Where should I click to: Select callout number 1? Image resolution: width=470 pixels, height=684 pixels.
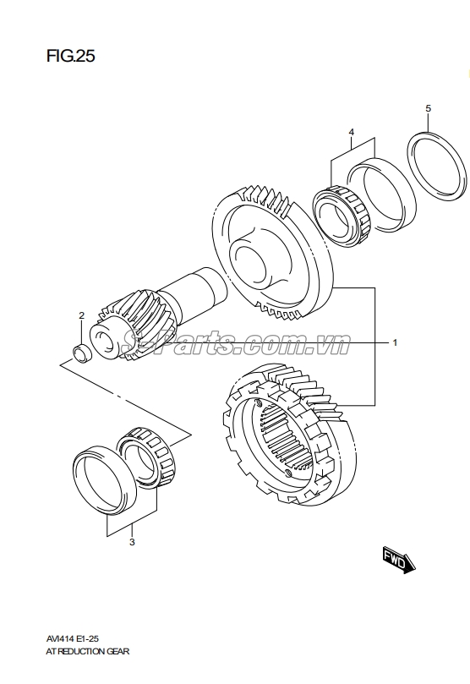(394, 343)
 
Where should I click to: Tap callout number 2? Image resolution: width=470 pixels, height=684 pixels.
(81, 316)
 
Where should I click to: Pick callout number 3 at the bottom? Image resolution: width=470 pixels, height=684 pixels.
(132, 542)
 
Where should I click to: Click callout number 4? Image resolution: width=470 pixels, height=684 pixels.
(351, 133)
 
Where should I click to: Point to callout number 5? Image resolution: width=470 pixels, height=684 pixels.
(428, 108)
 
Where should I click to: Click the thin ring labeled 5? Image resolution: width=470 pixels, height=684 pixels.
(436, 167)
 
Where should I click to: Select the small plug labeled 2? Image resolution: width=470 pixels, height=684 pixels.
(81, 352)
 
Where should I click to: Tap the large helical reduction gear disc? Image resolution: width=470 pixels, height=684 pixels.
(271, 254)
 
